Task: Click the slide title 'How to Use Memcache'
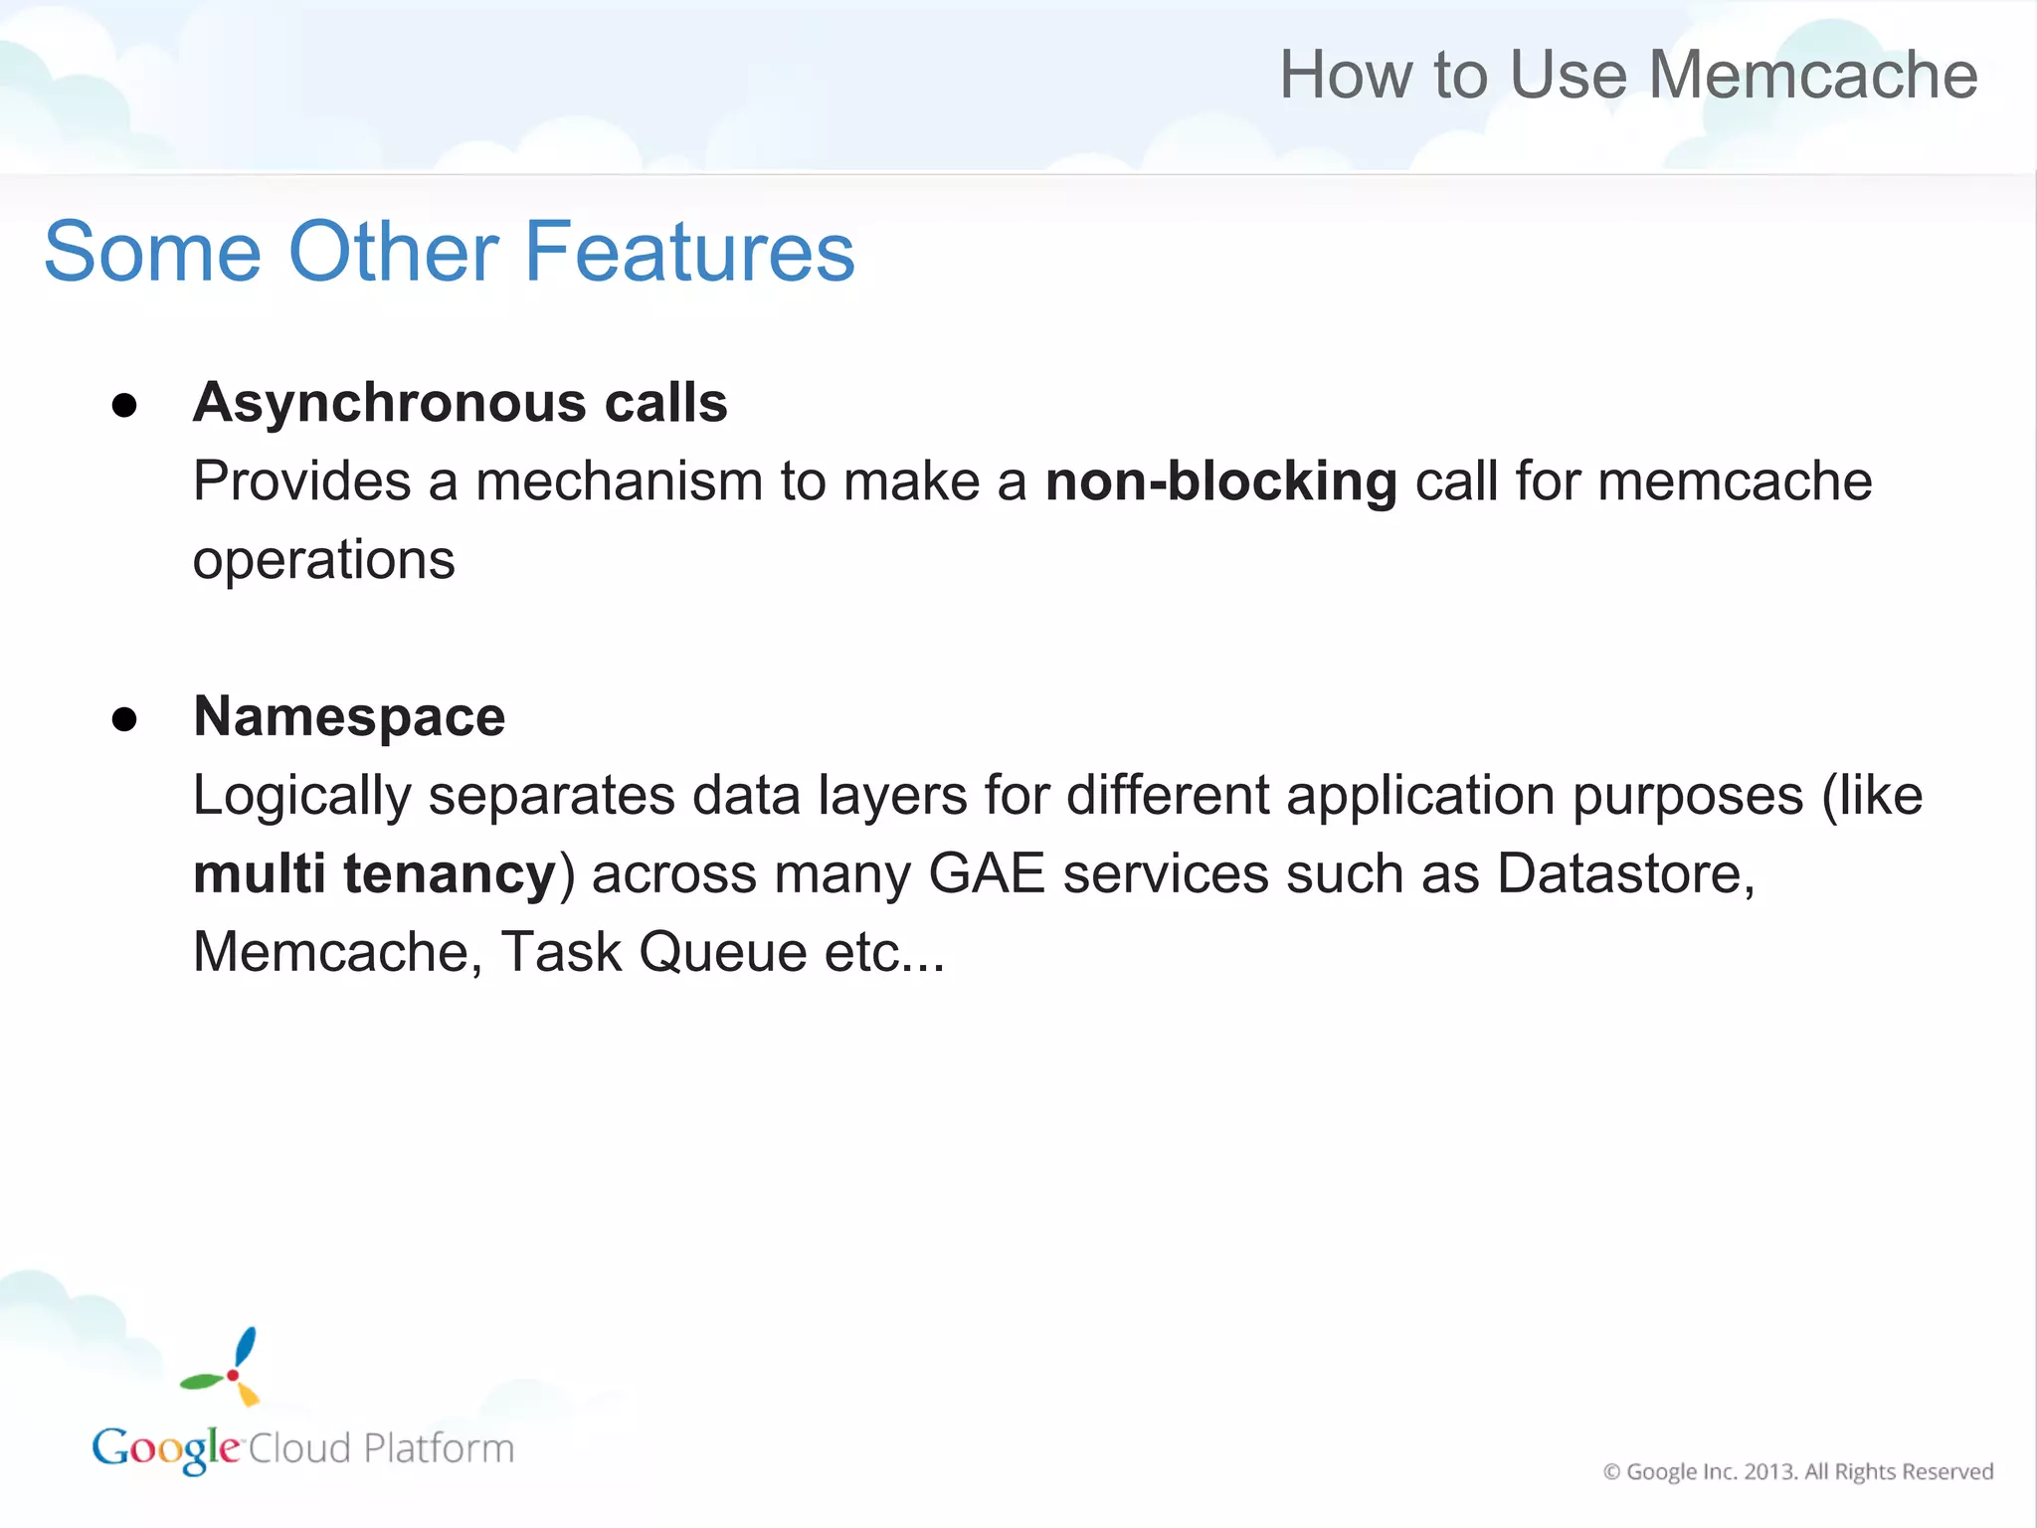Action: [x=1628, y=76]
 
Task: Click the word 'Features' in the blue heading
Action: [x=688, y=253]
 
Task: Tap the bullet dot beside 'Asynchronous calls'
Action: [x=124, y=405]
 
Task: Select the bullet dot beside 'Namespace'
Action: [x=124, y=719]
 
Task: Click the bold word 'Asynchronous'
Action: [x=389, y=403]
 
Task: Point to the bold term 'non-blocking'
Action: [x=1220, y=481]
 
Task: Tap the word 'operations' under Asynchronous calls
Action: [x=323, y=560]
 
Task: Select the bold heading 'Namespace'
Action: [x=349, y=716]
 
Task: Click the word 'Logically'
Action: [x=301, y=796]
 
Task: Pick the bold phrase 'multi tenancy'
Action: [x=374, y=874]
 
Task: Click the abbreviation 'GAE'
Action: [x=986, y=874]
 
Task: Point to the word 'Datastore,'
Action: [x=1626, y=874]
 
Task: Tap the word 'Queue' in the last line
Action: [x=722, y=952]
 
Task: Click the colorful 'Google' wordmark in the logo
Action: [x=165, y=1448]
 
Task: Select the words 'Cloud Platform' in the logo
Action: [x=381, y=1448]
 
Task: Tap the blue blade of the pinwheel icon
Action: [x=245, y=1347]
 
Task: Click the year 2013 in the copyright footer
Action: [x=1769, y=1471]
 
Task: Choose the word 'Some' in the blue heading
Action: [x=152, y=253]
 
